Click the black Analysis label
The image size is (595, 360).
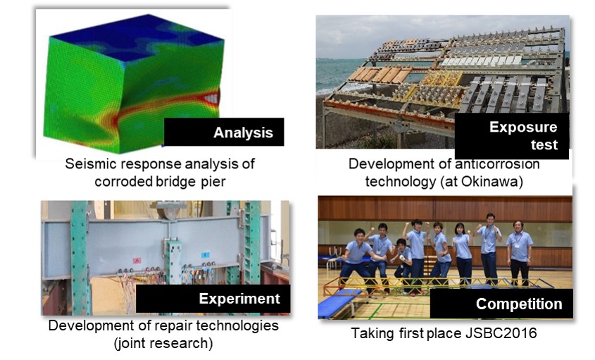[x=224, y=132]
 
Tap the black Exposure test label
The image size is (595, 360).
[x=511, y=135]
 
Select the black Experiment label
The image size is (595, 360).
[x=213, y=299]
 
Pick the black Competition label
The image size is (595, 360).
[x=501, y=304]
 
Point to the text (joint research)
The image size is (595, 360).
[x=163, y=343]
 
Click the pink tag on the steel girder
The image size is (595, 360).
[x=137, y=261]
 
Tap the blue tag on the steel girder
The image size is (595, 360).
[x=206, y=255]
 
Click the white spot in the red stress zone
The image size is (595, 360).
[x=211, y=99]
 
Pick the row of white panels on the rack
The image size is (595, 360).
[x=482, y=61]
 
